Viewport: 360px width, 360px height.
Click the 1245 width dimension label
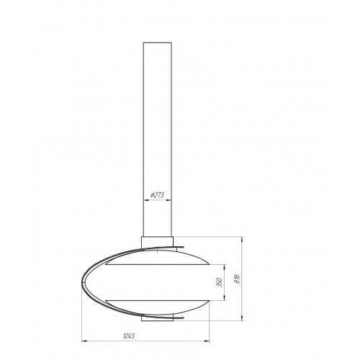pos(129,336)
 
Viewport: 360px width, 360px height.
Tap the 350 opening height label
pos(219,282)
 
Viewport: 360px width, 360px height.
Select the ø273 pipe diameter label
pos(157,195)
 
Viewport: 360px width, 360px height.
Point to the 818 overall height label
pos(238,279)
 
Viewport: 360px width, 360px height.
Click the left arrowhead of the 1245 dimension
pos(84,341)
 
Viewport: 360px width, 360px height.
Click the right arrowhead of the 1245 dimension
pos(207,341)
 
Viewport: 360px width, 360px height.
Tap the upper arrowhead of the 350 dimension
pos(225,266)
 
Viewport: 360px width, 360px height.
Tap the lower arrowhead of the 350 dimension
pos(225,298)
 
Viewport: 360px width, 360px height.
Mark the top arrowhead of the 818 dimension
pos(242,239)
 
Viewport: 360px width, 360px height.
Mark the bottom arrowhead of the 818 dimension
pos(242,318)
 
